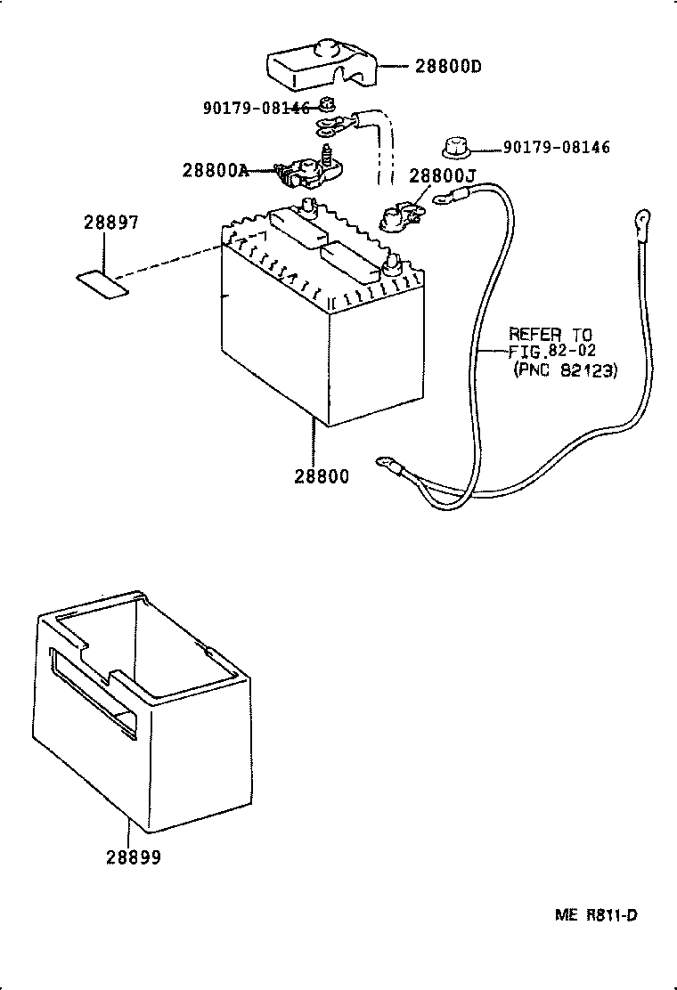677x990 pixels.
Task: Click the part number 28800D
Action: (448, 66)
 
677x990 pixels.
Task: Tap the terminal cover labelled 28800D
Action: (322, 63)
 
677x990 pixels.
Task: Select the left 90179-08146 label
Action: (257, 108)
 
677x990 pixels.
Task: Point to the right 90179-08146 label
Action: (557, 148)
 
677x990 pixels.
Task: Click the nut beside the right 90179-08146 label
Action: (454, 148)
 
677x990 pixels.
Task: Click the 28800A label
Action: (216, 170)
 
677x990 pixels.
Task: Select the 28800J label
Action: (442, 175)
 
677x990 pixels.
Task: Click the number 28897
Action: (111, 223)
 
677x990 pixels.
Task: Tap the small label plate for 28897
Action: (102, 286)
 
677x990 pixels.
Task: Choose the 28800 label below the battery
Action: (321, 476)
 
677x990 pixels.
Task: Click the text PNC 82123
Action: (564, 369)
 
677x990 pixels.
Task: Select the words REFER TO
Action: (551, 334)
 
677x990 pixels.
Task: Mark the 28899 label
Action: (134, 857)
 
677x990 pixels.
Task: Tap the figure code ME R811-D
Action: (596, 915)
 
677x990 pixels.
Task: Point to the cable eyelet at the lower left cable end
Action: (387, 466)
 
